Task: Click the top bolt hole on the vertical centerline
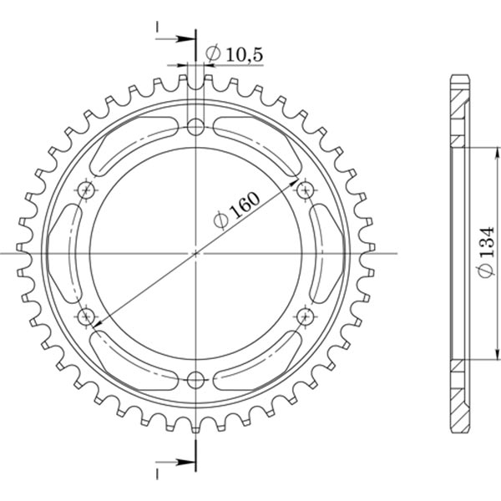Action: [195, 127]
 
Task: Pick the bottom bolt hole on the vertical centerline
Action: [195, 380]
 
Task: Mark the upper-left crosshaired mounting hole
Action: [86, 190]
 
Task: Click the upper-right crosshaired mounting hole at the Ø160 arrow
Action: [305, 190]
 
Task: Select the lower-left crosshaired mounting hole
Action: [86, 316]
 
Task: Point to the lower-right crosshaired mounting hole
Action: [305, 316]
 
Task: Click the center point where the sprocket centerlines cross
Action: [195, 253]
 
